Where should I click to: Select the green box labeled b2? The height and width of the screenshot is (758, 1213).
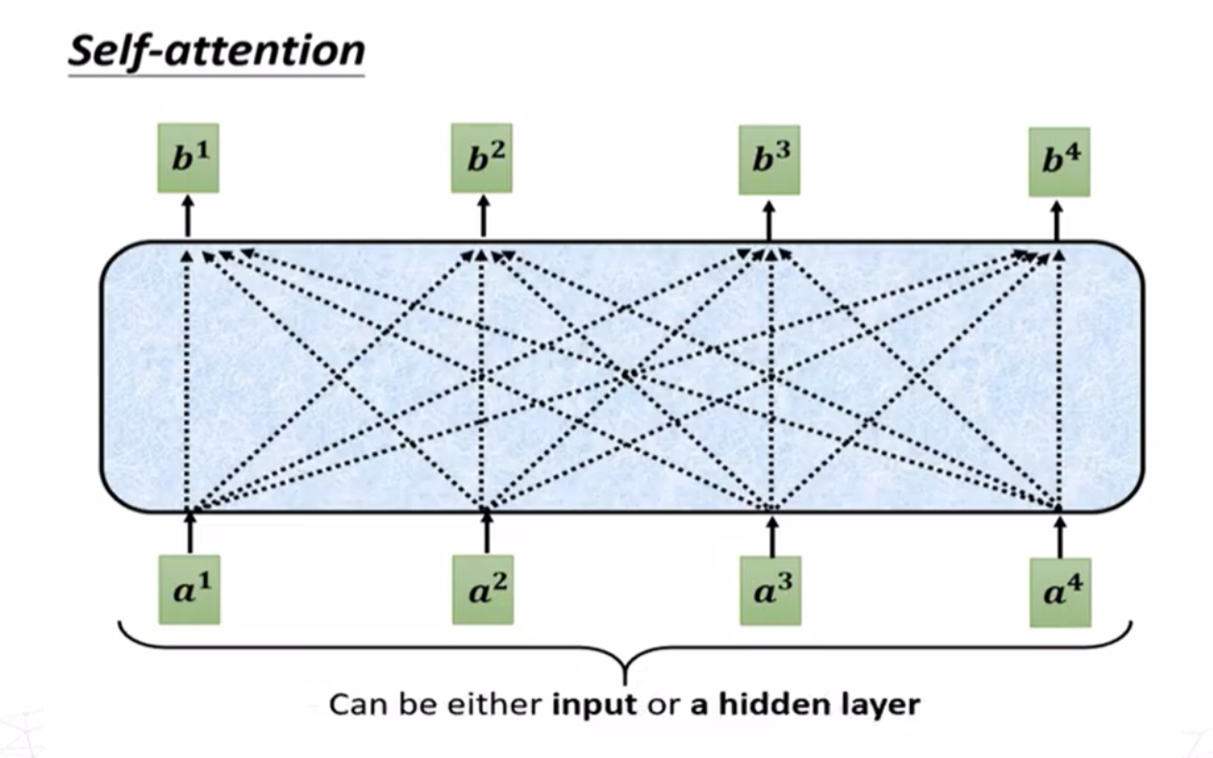pos(482,159)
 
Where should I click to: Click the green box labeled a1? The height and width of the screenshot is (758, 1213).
pos(189,591)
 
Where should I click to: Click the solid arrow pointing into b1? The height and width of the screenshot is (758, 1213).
pos(189,216)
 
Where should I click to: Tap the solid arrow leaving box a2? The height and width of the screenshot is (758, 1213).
pos(485,531)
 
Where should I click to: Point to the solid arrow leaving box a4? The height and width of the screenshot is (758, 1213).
pos(1060,533)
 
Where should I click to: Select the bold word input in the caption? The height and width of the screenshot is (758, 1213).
pos(594,703)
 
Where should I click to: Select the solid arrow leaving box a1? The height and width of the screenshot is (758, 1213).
pos(190,531)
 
